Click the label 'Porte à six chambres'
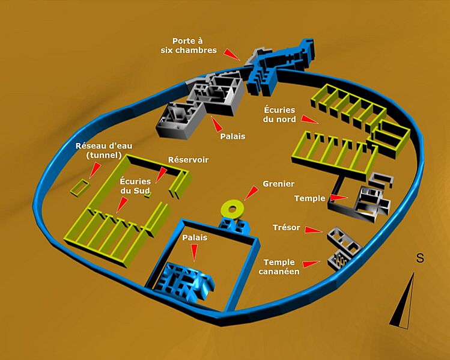coord(189,46)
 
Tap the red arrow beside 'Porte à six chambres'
coord(232,54)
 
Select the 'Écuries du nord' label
coord(279,114)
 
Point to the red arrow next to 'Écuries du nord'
coord(309,119)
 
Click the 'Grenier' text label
coord(278,184)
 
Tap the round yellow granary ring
coord(231,208)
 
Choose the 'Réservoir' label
coord(188,160)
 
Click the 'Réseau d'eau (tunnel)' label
coord(104,150)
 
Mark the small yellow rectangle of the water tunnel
coord(80,188)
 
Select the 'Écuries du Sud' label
coord(135,186)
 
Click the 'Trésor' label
coord(287,228)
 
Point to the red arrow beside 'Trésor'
coord(314,230)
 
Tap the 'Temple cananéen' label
coord(279,267)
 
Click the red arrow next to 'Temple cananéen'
coord(311,264)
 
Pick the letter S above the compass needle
coord(420,258)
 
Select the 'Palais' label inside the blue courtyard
coord(195,238)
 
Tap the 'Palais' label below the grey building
coord(233,136)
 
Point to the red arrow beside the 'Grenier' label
coord(251,193)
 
